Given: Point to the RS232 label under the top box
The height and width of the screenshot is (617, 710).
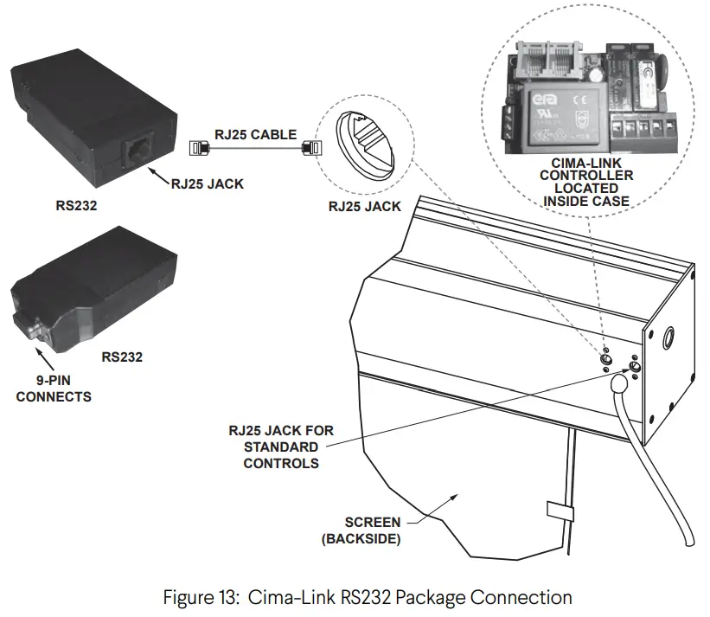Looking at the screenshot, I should (x=80, y=207).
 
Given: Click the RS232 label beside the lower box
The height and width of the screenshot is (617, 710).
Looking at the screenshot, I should (x=122, y=356).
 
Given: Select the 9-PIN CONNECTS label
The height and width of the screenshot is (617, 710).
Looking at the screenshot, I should (x=53, y=389).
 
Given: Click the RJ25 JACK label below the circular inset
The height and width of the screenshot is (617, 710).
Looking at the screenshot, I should (x=365, y=207).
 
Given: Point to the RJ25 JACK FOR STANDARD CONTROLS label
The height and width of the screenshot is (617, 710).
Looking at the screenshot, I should (x=281, y=447).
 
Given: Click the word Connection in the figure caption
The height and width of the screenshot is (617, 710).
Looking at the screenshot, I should (x=528, y=598).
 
